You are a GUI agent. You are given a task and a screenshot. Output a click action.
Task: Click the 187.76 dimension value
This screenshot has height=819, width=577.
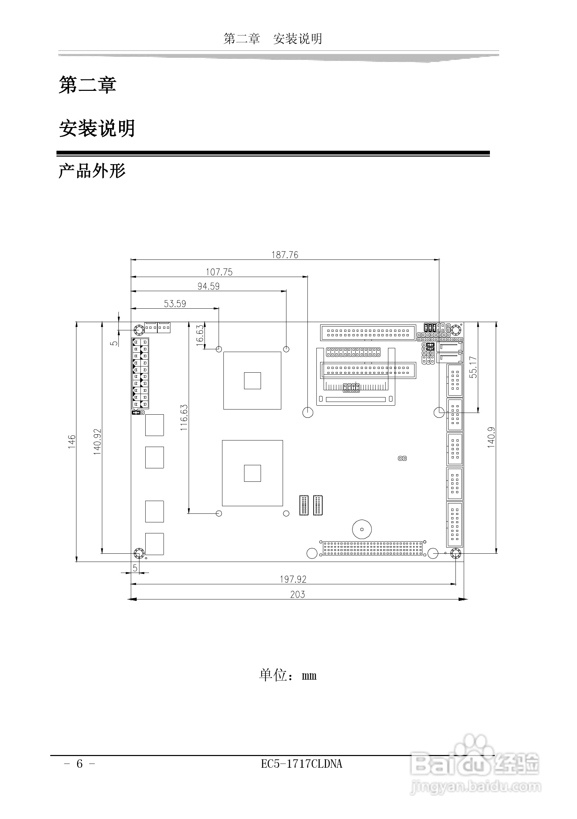click(285, 255)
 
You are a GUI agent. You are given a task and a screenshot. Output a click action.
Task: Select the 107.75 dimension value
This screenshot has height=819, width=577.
click(219, 272)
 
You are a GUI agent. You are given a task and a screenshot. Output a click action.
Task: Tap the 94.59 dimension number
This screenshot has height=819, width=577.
click(208, 286)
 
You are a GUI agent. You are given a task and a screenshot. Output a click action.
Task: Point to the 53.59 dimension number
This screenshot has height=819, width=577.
click(175, 304)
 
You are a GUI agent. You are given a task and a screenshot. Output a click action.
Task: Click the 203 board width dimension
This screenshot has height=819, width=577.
click(297, 594)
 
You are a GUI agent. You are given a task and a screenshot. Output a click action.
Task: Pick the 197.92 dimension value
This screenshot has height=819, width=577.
click(293, 579)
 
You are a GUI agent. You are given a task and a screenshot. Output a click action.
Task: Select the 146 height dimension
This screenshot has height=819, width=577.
click(72, 441)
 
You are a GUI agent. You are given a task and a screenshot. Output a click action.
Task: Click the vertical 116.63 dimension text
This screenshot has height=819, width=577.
click(184, 417)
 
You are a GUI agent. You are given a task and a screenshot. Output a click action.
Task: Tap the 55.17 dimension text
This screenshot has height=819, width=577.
click(473, 367)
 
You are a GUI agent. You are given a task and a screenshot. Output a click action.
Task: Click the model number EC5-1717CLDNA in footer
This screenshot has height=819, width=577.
click(302, 764)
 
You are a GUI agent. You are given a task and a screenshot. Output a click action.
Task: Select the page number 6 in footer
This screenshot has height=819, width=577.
click(80, 764)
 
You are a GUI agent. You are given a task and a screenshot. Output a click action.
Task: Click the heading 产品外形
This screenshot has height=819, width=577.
click(92, 171)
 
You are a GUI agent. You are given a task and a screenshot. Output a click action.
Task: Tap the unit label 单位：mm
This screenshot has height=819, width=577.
click(287, 675)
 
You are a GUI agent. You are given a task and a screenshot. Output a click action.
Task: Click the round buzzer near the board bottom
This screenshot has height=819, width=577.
click(362, 529)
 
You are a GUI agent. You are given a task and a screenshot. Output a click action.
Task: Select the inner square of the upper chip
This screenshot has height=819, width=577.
click(252, 381)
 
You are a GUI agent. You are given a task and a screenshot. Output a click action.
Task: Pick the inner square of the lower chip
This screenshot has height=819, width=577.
click(252, 473)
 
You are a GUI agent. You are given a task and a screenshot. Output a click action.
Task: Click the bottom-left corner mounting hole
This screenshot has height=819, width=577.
click(138, 554)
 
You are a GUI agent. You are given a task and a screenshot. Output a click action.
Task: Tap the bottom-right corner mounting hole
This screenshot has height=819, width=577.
click(456, 554)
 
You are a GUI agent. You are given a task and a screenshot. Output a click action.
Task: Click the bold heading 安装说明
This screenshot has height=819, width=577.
click(97, 128)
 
